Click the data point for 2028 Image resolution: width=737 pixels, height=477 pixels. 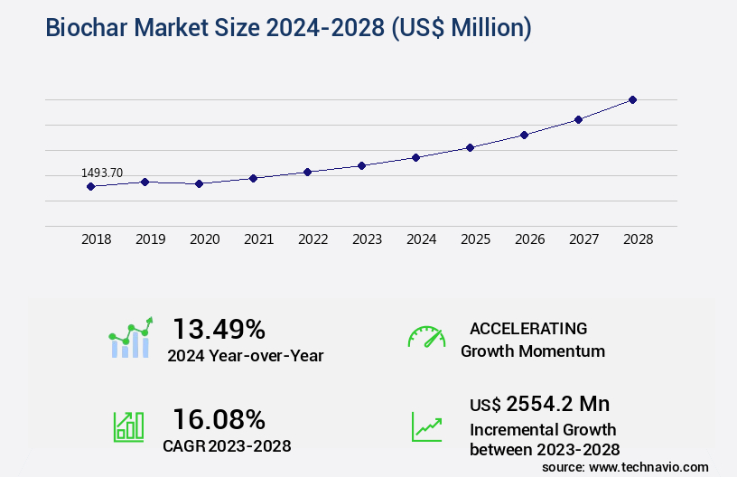pyautogui.click(x=632, y=99)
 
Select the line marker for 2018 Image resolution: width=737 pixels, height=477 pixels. pyautogui.click(x=90, y=186)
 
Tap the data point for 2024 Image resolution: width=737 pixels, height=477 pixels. pyautogui.click(x=415, y=157)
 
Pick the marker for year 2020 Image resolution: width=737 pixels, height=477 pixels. pyautogui.click(x=199, y=183)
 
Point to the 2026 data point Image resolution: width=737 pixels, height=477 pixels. pyautogui.click(x=524, y=135)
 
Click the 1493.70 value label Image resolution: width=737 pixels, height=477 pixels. pyautogui.click(x=102, y=173)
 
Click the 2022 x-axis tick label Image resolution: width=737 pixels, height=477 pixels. pyautogui.click(x=313, y=239)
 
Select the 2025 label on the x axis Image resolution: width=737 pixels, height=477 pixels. pyautogui.click(x=475, y=239)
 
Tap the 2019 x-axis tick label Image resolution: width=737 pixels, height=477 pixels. pyautogui.click(x=150, y=239)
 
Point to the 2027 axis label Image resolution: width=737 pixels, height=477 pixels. pyautogui.click(x=583, y=239)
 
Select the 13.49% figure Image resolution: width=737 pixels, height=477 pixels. pyautogui.click(x=219, y=328)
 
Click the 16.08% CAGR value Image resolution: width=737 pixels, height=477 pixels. pyautogui.click(x=219, y=419)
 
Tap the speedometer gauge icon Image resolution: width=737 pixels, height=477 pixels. pyautogui.click(x=426, y=337)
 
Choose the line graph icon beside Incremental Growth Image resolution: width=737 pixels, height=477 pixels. pyautogui.click(x=426, y=426)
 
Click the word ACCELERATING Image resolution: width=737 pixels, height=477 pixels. pyautogui.click(x=528, y=328)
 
